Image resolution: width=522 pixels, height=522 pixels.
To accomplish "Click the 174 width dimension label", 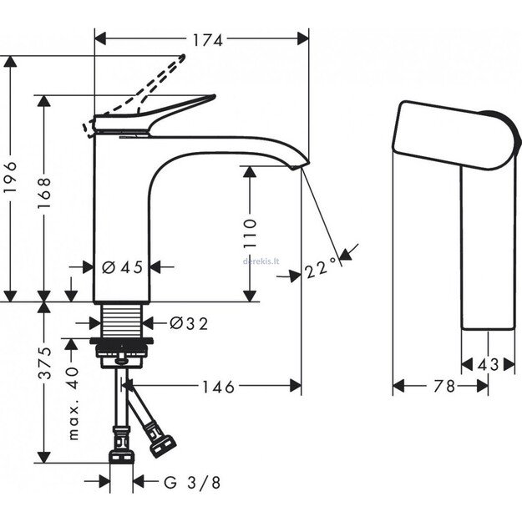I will pos(201,38).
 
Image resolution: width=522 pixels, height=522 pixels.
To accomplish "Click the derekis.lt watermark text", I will pos(261,260).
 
